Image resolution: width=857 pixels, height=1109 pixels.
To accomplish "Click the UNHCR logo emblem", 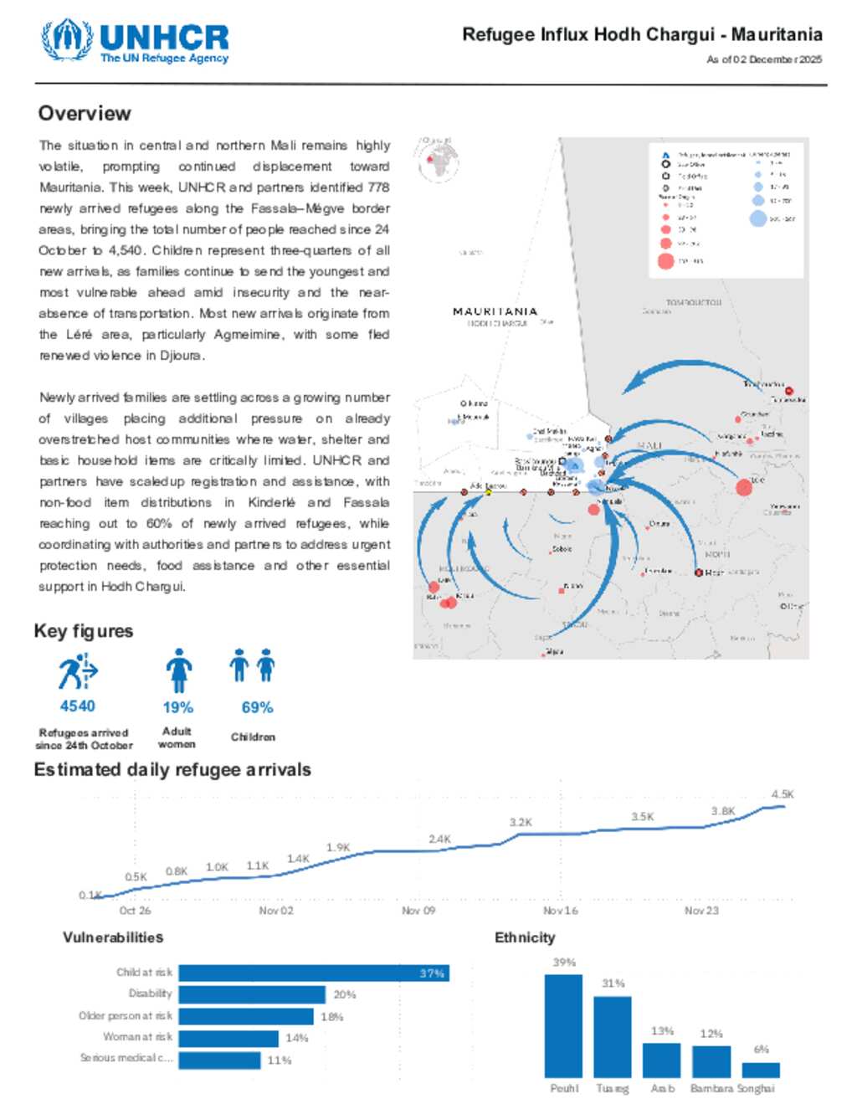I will point(67,39).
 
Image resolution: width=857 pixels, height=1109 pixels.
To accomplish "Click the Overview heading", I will point(85,114).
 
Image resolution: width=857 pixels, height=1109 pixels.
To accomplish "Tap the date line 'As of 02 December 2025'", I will point(763,59).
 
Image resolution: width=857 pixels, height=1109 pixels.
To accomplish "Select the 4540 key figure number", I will point(77,706).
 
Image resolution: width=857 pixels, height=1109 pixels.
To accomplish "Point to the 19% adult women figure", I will point(177,708).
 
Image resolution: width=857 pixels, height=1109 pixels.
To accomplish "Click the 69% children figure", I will point(257,708).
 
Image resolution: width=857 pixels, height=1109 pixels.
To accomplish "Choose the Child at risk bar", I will point(314,973).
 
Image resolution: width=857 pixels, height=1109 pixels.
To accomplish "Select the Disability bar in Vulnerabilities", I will point(251,994).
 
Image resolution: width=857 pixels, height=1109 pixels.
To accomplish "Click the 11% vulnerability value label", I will point(280,1060).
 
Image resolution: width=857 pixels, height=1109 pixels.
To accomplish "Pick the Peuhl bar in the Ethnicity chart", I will point(563,1025).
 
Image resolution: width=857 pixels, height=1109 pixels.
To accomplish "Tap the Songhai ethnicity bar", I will point(761,1070).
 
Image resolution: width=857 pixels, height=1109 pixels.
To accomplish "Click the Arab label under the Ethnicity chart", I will point(662,1089).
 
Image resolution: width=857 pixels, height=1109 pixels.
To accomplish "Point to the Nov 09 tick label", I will point(418,911).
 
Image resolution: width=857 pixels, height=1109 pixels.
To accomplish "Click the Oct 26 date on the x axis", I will point(135,911).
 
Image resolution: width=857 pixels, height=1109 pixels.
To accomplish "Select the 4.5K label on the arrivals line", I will point(783,794).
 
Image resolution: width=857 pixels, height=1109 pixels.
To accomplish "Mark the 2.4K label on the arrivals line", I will point(439,839).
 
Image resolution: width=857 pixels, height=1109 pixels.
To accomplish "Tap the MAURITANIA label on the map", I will point(495,311).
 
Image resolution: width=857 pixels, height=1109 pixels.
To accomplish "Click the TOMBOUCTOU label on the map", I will point(693,302).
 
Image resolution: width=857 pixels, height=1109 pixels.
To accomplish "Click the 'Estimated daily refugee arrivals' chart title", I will point(172,770).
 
